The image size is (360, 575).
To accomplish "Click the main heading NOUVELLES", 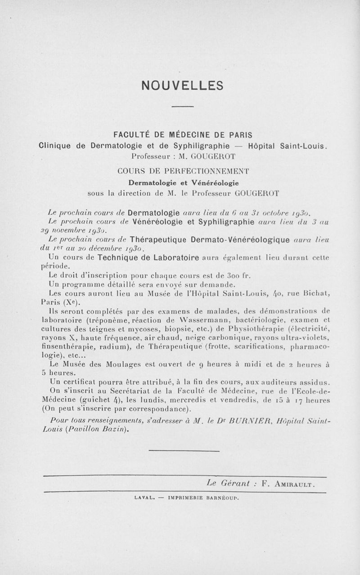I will (182, 85).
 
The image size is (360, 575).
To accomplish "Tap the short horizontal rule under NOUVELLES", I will (182, 106).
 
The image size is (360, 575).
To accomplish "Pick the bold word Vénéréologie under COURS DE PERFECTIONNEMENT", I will (213, 182).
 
